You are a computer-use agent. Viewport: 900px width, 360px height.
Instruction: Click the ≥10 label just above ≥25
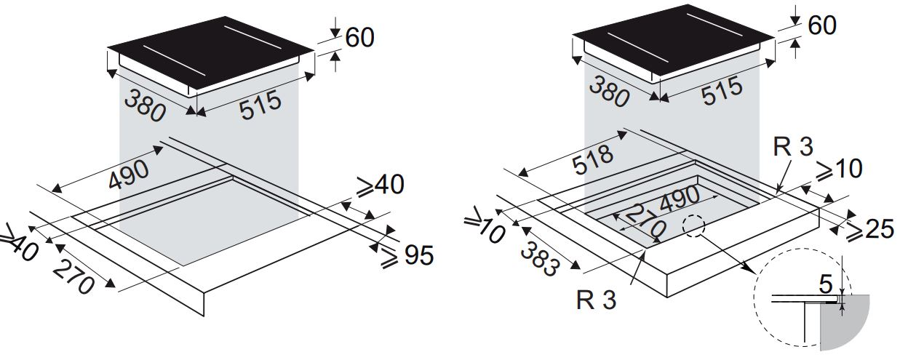[x=836, y=169]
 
